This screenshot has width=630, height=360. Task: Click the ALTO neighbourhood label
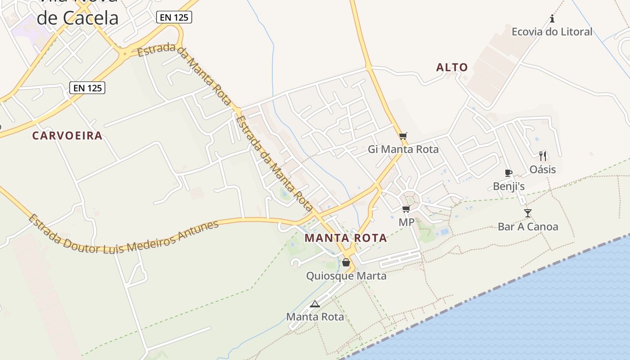(452, 67)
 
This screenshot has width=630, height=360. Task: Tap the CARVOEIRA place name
(67, 135)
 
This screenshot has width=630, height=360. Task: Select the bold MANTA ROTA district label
(346, 238)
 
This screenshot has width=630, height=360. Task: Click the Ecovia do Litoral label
(552, 31)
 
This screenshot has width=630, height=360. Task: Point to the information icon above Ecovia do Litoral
(552, 19)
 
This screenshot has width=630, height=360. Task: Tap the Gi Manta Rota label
(403, 149)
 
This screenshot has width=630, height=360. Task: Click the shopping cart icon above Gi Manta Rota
(403, 136)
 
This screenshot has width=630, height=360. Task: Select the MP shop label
(406, 222)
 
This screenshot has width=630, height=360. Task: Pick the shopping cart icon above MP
(406, 209)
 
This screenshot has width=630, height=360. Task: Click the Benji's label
(508, 186)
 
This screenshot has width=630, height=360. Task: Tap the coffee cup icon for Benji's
(508, 173)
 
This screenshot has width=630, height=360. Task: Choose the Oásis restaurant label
(542, 169)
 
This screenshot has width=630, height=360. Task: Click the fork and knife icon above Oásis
(543, 156)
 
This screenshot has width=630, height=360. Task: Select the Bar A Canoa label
(528, 226)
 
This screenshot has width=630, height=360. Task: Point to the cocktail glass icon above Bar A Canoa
(528, 213)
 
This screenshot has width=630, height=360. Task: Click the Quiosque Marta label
(346, 275)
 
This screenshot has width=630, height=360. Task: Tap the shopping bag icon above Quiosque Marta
(346, 262)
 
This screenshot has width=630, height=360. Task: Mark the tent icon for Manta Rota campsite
(315, 304)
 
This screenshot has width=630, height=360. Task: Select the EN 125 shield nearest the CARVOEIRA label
(87, 88)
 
